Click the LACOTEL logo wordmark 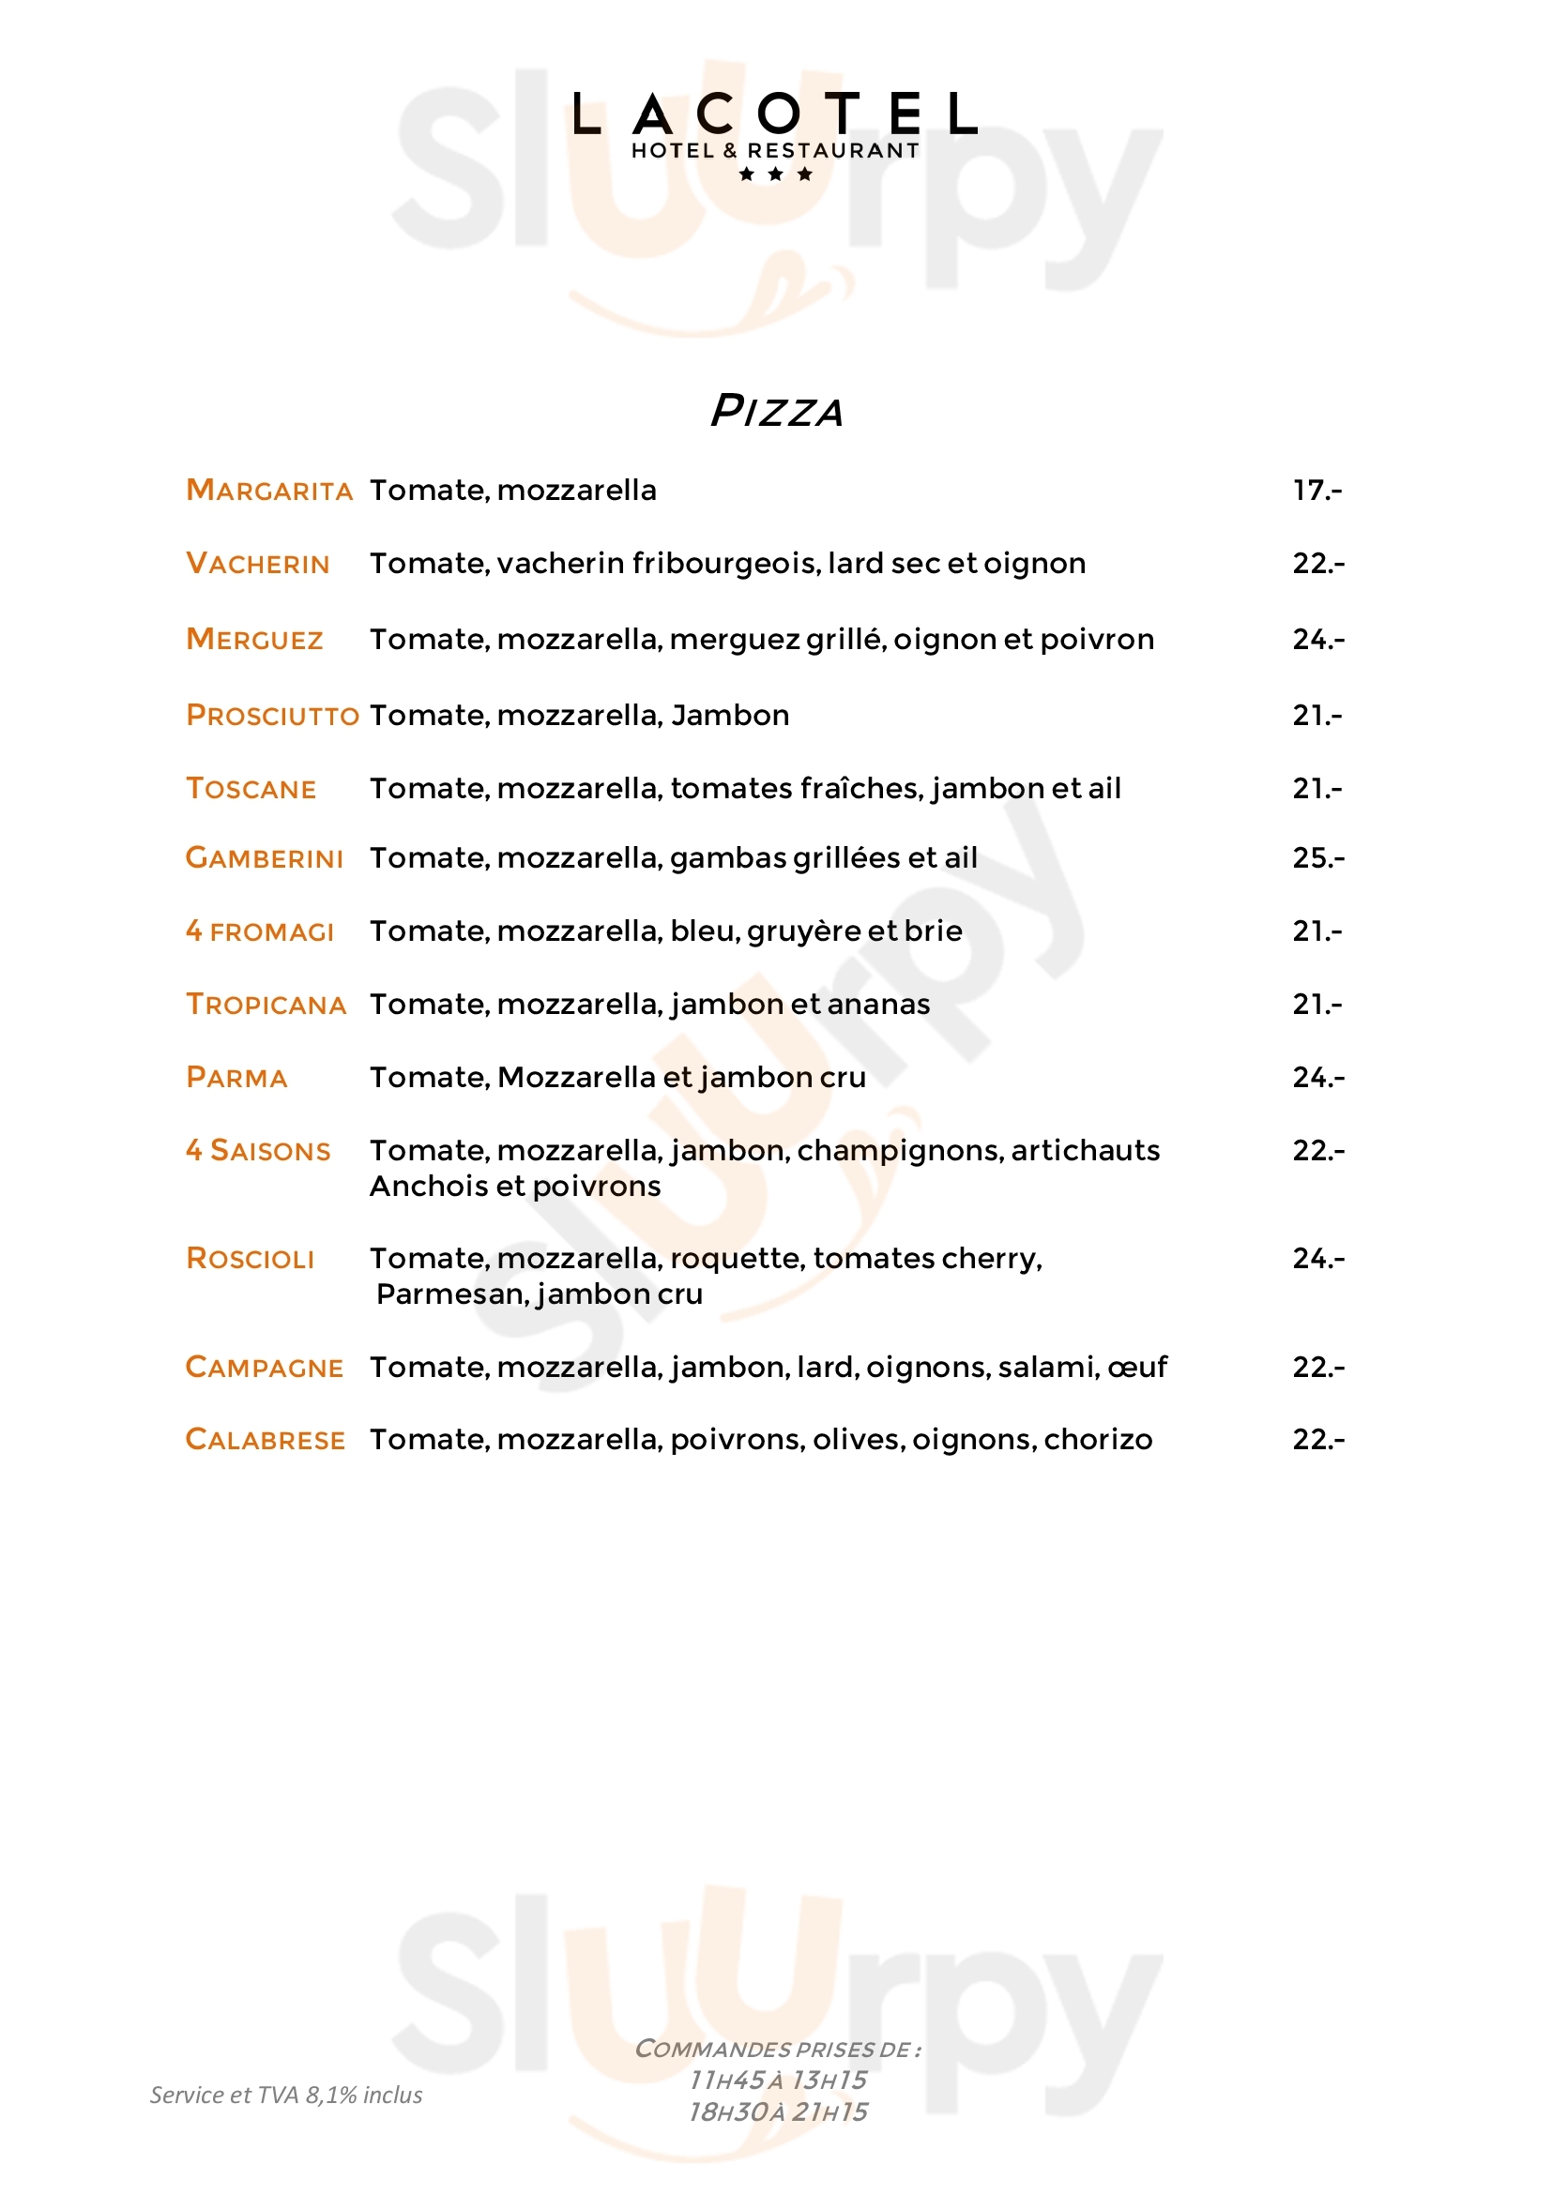pyautogui.click(x=775, y=113)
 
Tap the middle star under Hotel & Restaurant pyautogui.click(x=775, y=174)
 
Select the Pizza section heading pyautogui.click(x=776, y=411)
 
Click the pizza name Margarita pyautogui.click(x=269, y=491)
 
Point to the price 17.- pyautogui.click(x=1316, y=491)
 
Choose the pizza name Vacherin pyautogui.click(x=258, y=564)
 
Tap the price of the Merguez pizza pyautogui.click(x=1317, y=640)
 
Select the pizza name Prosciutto pyautogui.click(x=272, y=715)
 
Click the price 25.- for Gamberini pyautogui.click(x=1317, y=858)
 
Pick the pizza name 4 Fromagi pyautogui.click(x=260, y=931)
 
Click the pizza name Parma pyautogui.click(x=237, y=1078)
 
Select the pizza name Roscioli pyautogui.click(x=251, y=1259)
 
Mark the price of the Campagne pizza pyautogui.click(x=1317, y=1368)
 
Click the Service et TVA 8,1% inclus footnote pyautogui.click(x=286, y=2096)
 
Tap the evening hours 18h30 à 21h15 pyautogui.click(x=777, y=2111)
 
